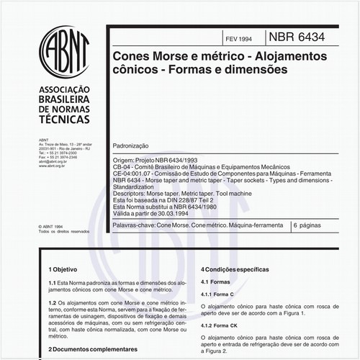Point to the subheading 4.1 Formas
pyautogui.click(x=215, y=282)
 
